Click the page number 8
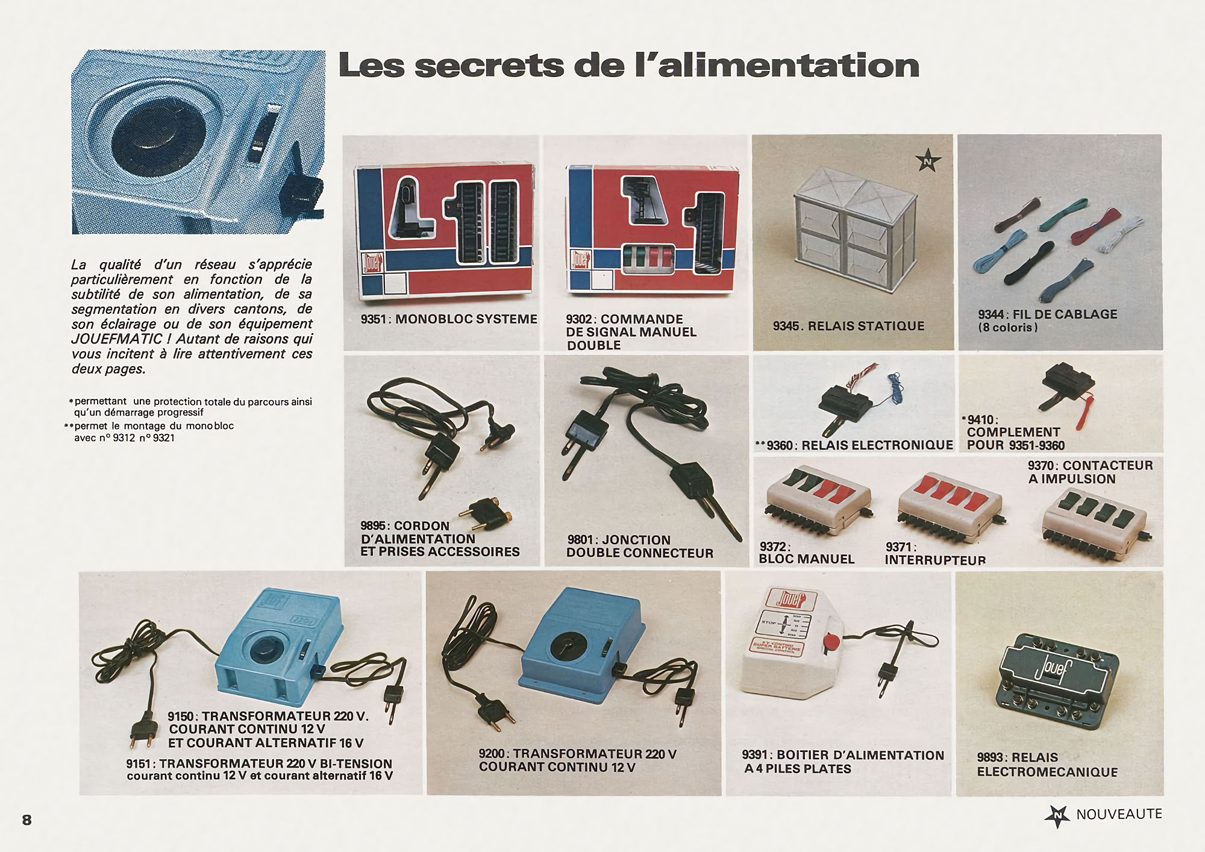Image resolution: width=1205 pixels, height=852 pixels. click(27, 820)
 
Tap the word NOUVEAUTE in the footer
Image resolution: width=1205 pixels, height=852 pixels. click(1119, 815)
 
